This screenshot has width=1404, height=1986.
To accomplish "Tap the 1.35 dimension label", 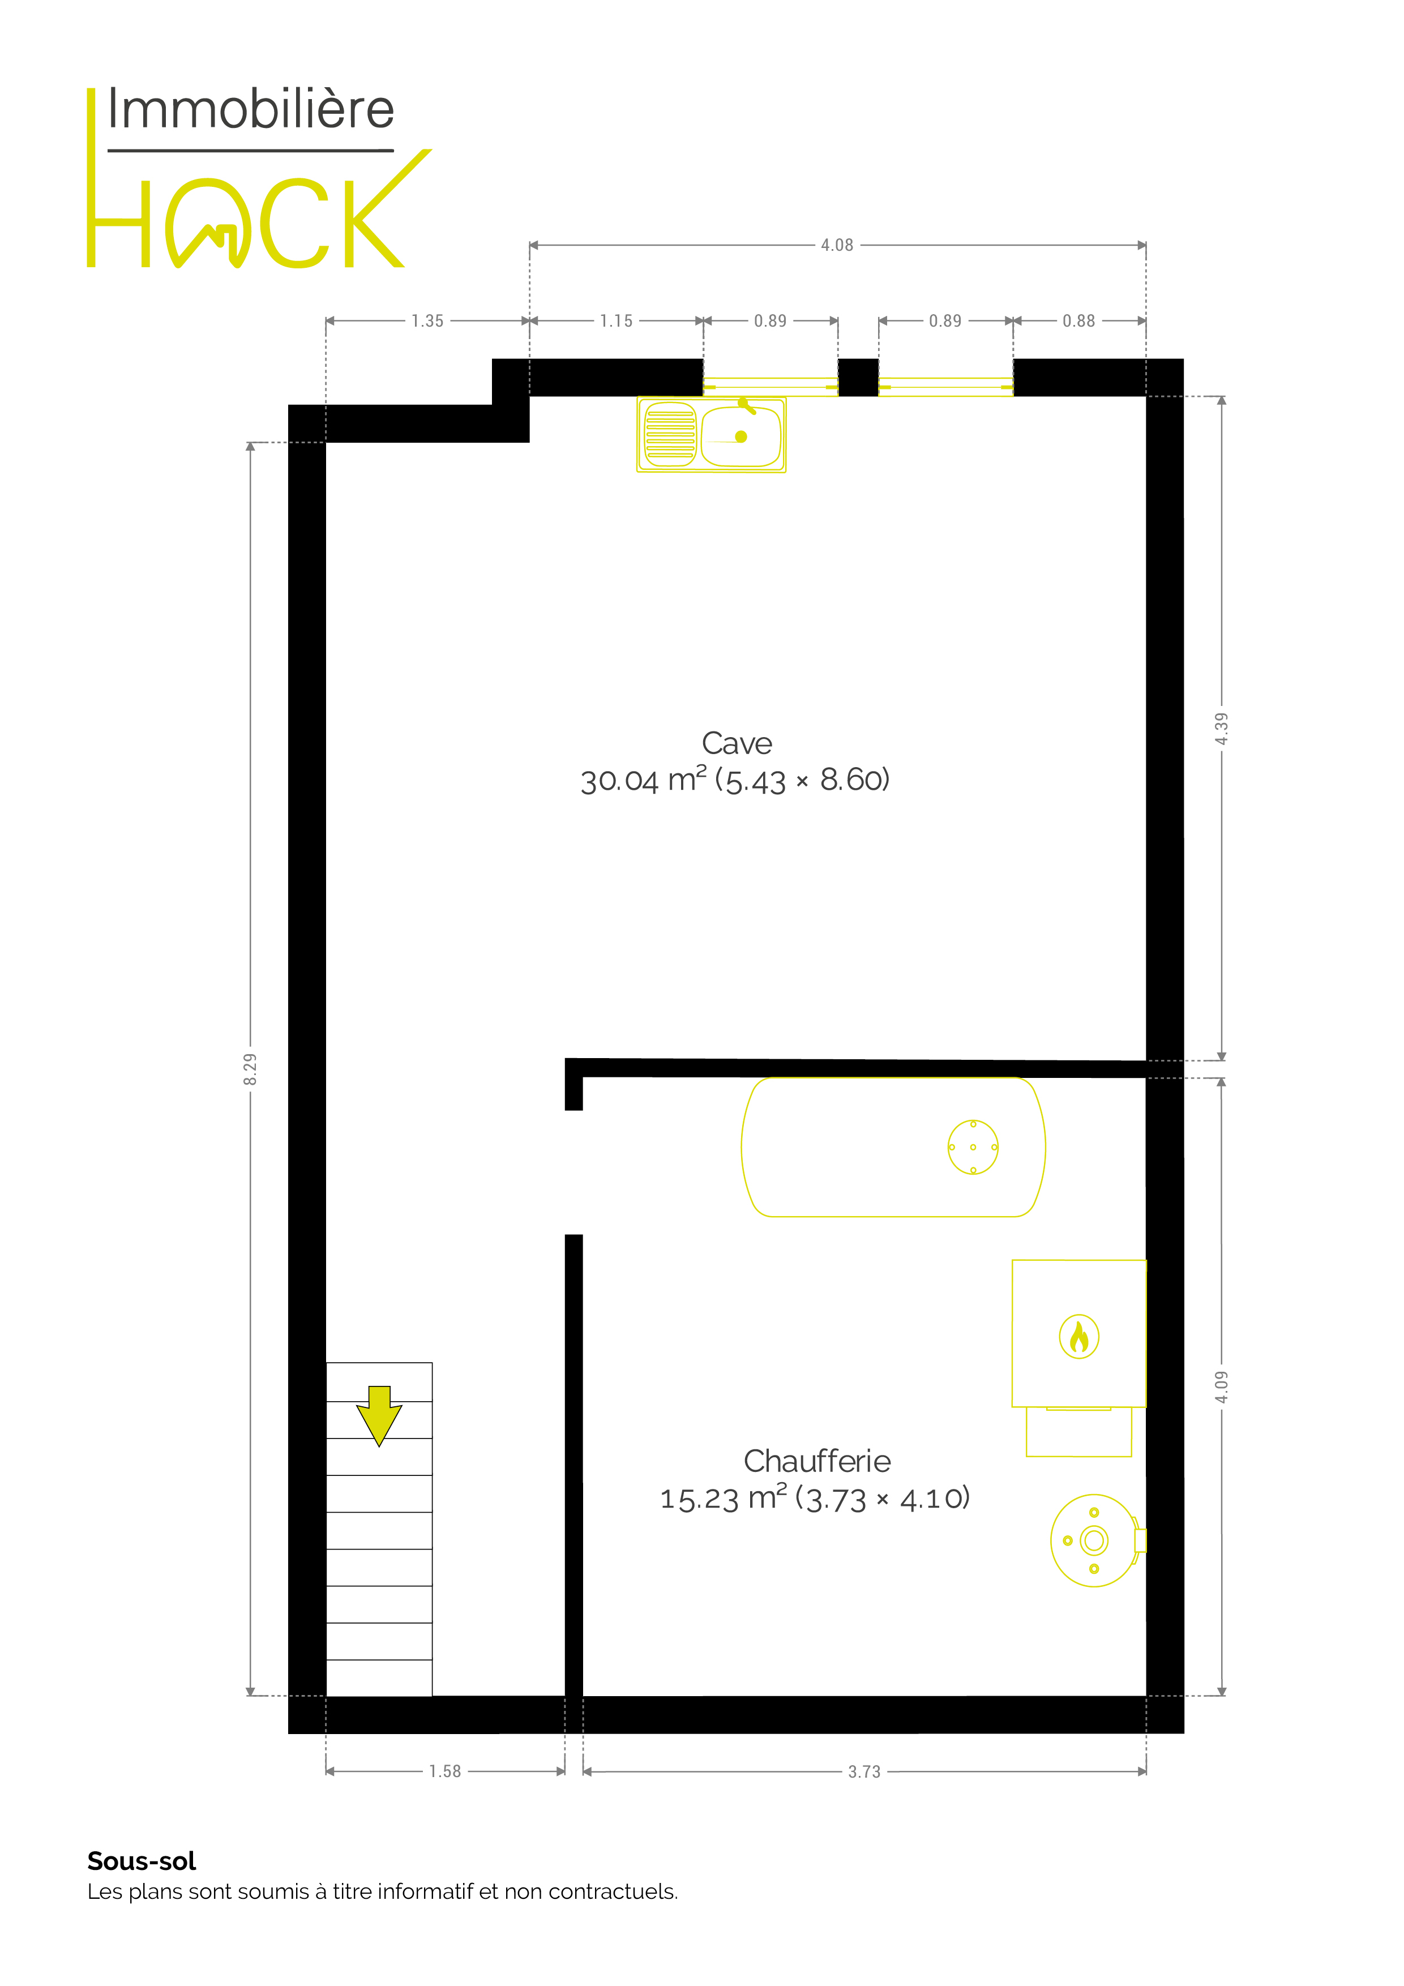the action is (x=427, y=321).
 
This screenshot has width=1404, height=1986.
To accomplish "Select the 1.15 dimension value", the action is (x=616, y=321).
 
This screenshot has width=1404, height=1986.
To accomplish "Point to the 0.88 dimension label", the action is (x=1078, y=321).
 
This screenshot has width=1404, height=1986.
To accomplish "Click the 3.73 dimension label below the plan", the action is (x=864, y=1771).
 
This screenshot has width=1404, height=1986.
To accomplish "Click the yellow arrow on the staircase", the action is (x=379, y=1419).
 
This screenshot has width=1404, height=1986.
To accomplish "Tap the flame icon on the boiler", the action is (x=1078, y=1337).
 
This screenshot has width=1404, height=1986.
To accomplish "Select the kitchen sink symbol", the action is (x=711, y=434).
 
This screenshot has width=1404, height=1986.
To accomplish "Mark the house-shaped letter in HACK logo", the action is (x=208, y=223).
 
